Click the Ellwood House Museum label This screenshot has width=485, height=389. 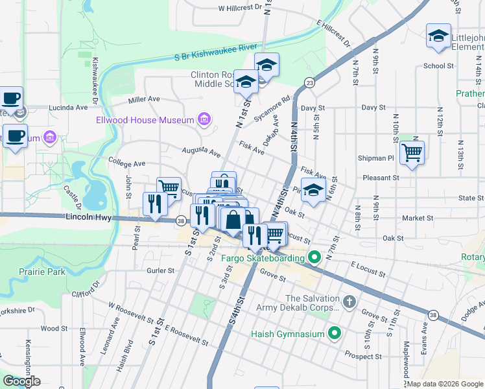(x=154, y=120)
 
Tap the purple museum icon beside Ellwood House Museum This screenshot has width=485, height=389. (x=204, y=119)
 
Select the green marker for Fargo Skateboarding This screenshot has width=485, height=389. (x=314, y=258)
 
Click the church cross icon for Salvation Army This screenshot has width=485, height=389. (x=349, y=302)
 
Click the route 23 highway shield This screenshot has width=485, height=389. (x=310, y=82)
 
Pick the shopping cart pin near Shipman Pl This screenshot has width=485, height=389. (x=411, y=154)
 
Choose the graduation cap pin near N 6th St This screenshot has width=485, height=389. (x=313, y=191)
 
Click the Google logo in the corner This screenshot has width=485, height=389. (x=22, y=381)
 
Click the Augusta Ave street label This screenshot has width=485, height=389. (x=201, y=152)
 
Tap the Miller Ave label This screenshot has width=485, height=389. (x=144, y=99)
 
